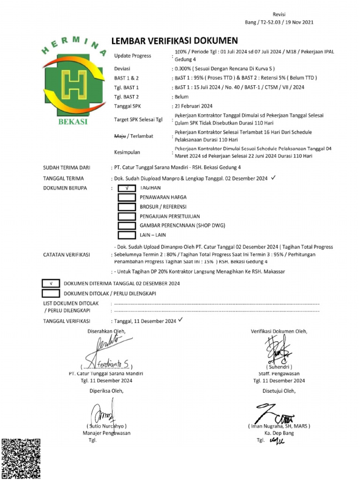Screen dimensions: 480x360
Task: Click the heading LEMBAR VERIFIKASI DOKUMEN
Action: click(174, 41)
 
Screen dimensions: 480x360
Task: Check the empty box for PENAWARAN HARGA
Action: click(126, 197)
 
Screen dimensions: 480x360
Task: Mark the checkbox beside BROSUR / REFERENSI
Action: click(126, 207)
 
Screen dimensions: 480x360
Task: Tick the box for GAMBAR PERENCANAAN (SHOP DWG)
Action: click(126, 225)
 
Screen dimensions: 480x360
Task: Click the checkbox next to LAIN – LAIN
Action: click(126, 235)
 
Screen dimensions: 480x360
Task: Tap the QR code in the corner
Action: click(21, 458)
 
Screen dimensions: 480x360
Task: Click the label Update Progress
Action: click(133, 56)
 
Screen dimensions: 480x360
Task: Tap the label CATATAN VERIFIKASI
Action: click(66, 255)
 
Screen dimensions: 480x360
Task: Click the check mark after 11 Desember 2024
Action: click(180, 320)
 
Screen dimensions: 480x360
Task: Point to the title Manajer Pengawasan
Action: click(106, 433)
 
